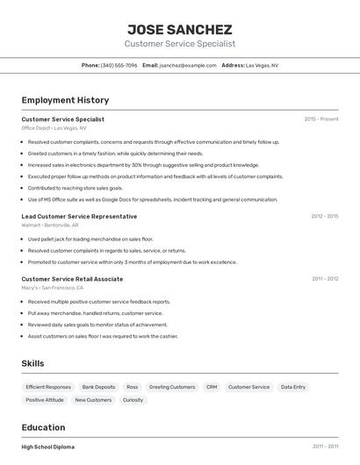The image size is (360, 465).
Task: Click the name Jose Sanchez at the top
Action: click(180, 29)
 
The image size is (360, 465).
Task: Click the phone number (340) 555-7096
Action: click(119, 65)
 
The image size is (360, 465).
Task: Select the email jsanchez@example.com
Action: click(188, 65)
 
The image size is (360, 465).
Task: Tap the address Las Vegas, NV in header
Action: click(262, 65)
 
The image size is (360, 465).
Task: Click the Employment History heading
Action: click(65, 100)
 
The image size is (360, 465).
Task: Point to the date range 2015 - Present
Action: click(320, 119)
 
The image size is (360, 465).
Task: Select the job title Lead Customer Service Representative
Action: click(79, 216)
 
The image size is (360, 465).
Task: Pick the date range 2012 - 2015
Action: click(324, 216)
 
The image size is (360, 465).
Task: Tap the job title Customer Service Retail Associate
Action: click(72, 279)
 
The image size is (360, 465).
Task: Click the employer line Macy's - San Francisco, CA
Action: click(53, 288)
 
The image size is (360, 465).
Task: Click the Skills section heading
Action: click(32, 363)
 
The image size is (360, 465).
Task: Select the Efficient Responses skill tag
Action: click(48, 387)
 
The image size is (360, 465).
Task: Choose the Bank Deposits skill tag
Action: click(98, 387)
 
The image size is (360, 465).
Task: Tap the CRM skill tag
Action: click(212, 387)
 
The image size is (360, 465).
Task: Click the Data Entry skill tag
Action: click(293, 387)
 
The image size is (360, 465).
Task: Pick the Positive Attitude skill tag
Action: click(45, 400)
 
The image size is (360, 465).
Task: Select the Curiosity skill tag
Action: click(133, 400)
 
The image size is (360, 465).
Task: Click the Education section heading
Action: click(44, 427)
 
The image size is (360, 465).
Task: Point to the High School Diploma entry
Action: click(48, 447)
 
